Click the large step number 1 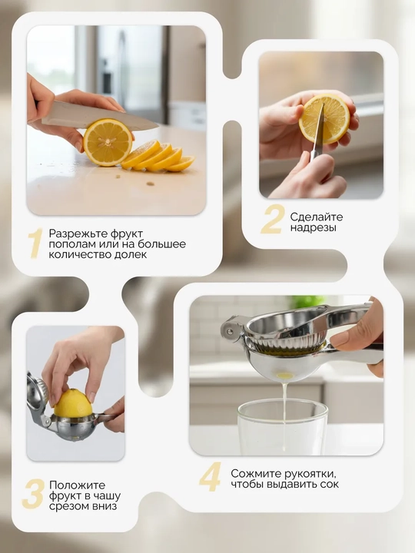tap(35, 243)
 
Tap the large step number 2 tap(272, 219)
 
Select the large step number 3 tap(33, 494)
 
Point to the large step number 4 tap(211, 477)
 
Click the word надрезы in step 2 tap(313, 228)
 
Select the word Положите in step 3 tap(78, 485)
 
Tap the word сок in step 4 tap(330, 484)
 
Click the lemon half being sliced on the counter tap(108, 142)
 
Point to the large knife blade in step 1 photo tap(100, 117)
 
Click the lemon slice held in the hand tap(324, 118)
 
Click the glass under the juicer tap(283, 427)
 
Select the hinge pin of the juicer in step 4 tap(229, 331)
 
